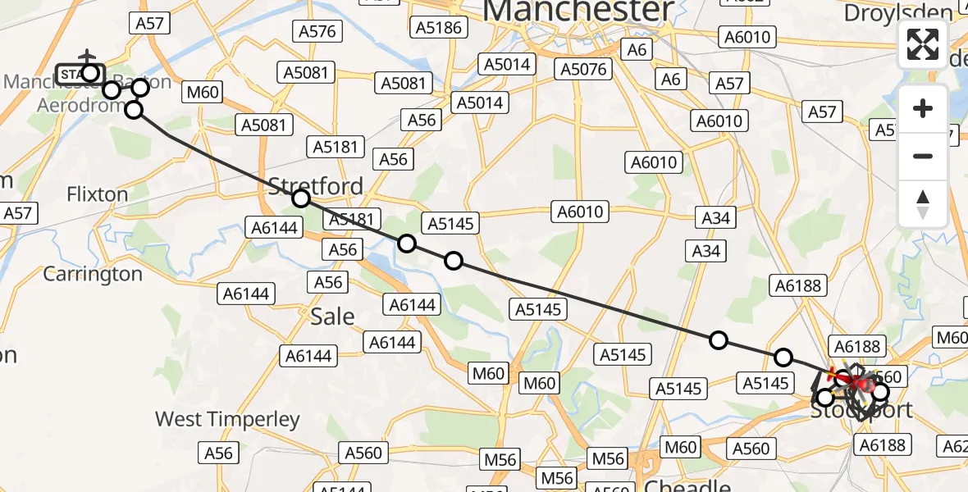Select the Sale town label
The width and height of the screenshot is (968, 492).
tap(332, 317)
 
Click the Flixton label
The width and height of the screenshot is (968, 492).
tap(98, 194)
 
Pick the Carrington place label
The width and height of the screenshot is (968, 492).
tap(93, 273)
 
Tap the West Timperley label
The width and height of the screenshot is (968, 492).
tap(228, 420)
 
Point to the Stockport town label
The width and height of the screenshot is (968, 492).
tap(861, 410)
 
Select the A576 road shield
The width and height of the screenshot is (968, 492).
tap(317, 32)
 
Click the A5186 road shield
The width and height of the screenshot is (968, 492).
tap(439, 28)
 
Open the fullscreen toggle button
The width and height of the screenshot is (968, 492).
tap(923, 44)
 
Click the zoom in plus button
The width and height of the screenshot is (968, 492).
tap(923, 108)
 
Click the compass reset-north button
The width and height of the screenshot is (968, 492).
tap(923, 203)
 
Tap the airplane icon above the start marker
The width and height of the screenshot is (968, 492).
tap(87, 57)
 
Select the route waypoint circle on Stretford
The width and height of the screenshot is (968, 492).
tap(301, 198)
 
